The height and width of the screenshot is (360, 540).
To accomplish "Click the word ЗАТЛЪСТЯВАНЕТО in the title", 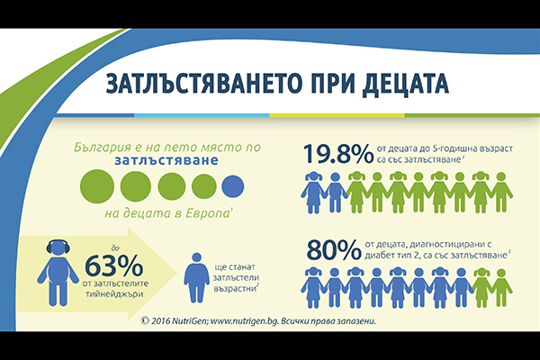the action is click(206, 84).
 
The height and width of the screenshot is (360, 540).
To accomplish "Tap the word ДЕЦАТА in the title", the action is click(405, 84).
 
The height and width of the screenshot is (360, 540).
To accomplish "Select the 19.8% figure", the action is click(338, 154).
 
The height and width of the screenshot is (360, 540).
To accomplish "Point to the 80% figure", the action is click(334, 250).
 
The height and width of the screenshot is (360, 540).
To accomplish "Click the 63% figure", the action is click(113, 265).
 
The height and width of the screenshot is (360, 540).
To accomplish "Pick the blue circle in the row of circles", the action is click(233, 186).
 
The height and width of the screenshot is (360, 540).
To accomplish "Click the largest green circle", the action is click(97, 186).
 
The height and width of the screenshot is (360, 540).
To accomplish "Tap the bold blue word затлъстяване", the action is click(166, 160).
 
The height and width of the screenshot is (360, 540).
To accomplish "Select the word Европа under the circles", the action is click(207, 213).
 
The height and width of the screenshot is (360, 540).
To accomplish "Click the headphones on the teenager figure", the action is click(58, 247).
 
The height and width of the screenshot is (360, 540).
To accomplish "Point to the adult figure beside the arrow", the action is click(196, 278).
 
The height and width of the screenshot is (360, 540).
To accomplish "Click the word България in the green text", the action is click(103, 148).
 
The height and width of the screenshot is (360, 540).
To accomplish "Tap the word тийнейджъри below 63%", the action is click(114, 294).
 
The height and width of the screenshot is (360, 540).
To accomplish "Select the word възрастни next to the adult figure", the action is click(236, 289).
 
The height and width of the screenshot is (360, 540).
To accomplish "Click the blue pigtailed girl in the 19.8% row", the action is click(313, 193).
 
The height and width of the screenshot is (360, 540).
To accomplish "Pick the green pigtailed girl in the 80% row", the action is click(481, 287).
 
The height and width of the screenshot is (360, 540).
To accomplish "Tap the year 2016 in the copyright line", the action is click(160, 321).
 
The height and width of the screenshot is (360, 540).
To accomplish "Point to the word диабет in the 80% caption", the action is click(380, 256).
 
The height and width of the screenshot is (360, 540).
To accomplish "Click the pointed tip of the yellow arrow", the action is click(177, 274).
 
